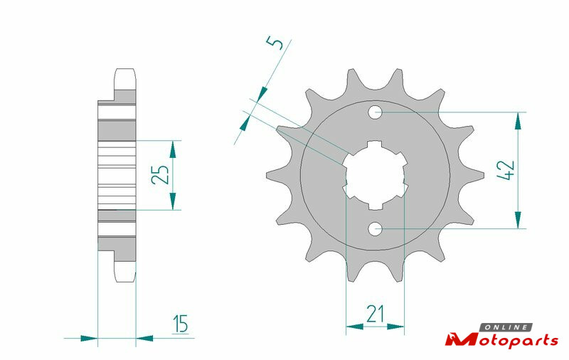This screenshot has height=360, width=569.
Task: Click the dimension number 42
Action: pyautogui.click(x=506, y=170)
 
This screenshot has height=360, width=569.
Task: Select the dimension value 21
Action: pyautogui.click(x=375, y=314)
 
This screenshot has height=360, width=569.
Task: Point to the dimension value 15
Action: pyautogui.click(x=181, y=324)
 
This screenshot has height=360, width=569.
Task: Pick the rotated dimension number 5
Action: pyautogui.click(x=276, y=43)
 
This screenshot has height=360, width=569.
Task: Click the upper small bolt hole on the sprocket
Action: pyautogui.click(x=376, y=112)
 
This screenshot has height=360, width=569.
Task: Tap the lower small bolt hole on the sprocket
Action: pyautogui.click(x=376, y=228)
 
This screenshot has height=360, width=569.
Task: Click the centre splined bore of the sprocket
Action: pyautogui.click(x=376, y=174)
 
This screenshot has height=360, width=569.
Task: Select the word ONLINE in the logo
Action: pyautogui.click(x=506, y=327)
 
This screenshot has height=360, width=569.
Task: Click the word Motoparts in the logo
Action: pyautogui.click(x=502, y=340)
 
